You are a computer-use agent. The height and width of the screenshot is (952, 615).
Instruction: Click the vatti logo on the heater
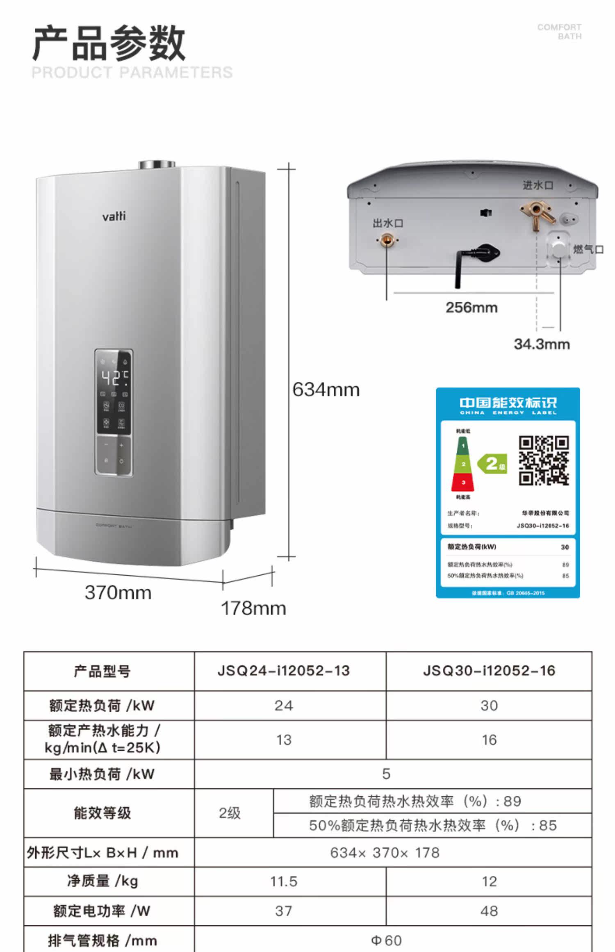coord(114,216)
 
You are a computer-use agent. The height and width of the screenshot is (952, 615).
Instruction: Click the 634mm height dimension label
coord(326,390)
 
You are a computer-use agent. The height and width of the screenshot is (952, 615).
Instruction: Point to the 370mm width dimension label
coord(118,593)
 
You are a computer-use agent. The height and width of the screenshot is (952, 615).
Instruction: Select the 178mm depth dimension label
coord(253,608)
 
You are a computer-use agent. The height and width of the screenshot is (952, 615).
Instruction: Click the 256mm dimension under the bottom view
coord(471,307)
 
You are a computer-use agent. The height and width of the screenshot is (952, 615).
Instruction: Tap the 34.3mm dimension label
coord(542,344)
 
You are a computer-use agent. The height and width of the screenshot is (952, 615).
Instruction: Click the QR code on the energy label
coord(544,460)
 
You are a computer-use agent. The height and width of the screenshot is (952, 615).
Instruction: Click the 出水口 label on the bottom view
coord(388,223)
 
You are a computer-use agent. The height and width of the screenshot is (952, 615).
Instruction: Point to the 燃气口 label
coord(588,249)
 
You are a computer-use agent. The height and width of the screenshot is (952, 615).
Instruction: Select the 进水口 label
coord(538,185)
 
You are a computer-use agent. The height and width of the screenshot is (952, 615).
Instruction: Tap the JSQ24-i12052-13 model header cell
coord(283,671)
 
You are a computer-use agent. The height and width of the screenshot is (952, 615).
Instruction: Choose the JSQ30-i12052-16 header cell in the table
coord(489,671)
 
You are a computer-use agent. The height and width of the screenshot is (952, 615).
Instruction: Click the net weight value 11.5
coord(283,881)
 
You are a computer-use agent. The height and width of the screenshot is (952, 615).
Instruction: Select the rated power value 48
coord(489,911)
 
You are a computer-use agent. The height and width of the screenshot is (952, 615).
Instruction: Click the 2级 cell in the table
coord(230,813)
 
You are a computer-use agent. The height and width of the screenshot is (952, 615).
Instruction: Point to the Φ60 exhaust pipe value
coord(386,940)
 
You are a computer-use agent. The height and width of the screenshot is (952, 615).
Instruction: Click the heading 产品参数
coord(109,43)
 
